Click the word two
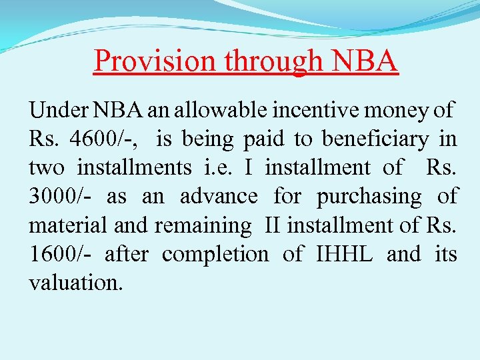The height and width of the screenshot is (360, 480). pyautogui.click(x=46, y=167)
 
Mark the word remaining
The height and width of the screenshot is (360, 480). pyautogui.click(x=203, y=225)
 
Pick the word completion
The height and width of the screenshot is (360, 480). pyautogui.click(x=215, y=254)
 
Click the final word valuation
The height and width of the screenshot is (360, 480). pyautogui.click(x=76, y=283)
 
